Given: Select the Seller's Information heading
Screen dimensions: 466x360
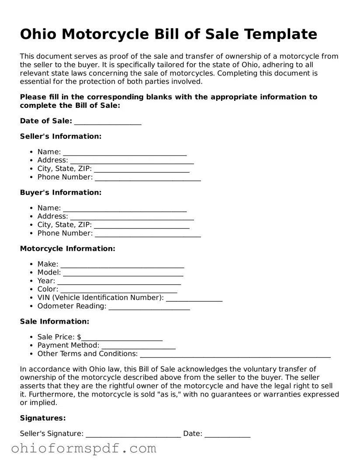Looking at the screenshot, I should coord(61,136).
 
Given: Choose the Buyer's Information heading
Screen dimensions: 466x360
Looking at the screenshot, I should coord(61,193).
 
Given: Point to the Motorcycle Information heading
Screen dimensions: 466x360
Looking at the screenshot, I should coord(68,249).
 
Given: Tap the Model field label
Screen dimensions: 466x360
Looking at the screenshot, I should coord(49,273).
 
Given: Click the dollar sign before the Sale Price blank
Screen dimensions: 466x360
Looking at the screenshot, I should coord(79,337).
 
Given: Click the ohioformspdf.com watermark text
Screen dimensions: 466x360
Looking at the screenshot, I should coord(84,449).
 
